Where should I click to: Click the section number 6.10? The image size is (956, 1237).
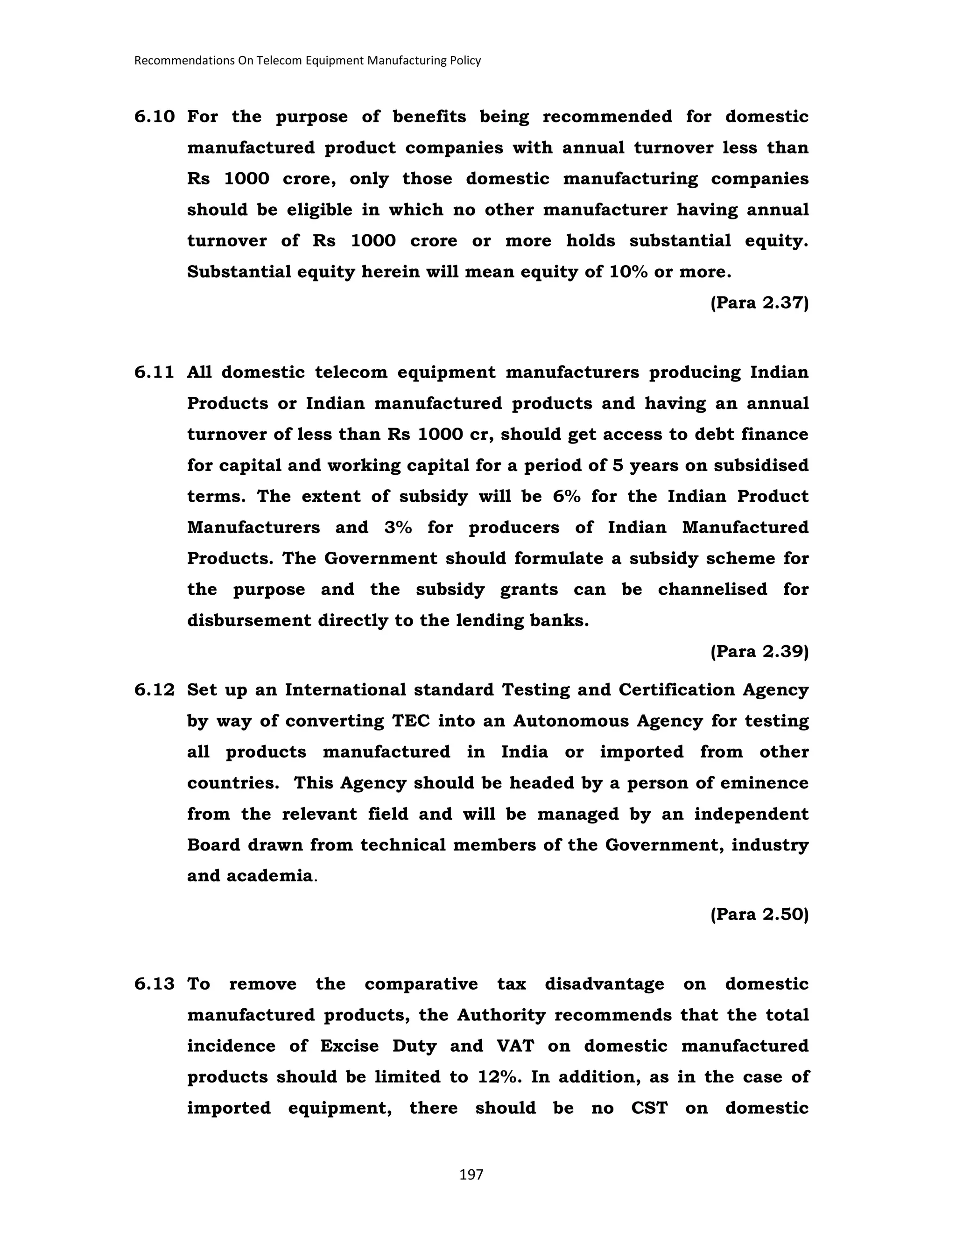click(x=154, y=117)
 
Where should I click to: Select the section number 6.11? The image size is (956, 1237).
click(x=154, y=373)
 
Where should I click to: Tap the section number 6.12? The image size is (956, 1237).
click(x=154, y=690)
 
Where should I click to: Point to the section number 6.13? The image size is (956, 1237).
click(x=154, y=984)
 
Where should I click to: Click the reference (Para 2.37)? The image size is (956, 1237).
click(x=759, y=303)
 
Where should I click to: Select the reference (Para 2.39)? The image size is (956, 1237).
click(x=759, y=652)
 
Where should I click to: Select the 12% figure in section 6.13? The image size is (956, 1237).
click(x=499, y=1077)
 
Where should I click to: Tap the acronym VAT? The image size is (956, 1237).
click(x=515, y=1046)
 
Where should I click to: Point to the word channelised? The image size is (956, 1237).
click(x=712, y=590)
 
